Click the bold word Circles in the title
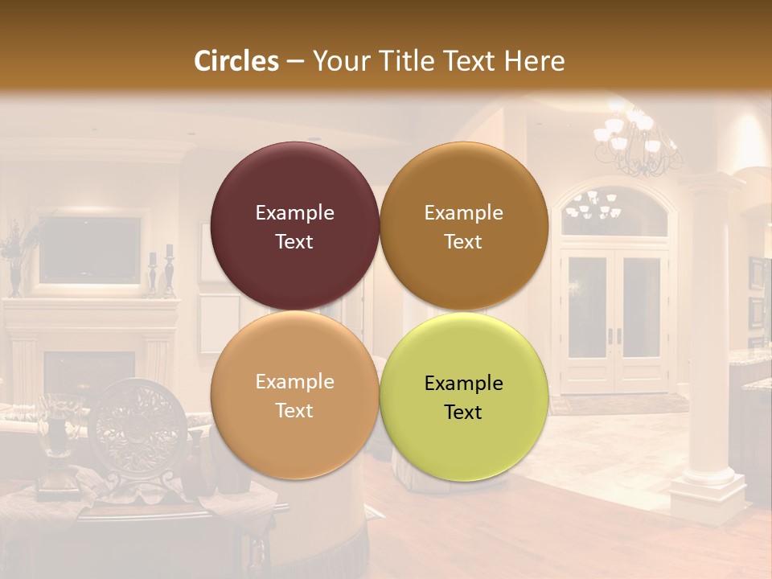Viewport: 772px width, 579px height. point(236,61)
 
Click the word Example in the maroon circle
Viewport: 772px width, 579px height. point(294,213)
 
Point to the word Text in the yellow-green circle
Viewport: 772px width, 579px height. point(463,412)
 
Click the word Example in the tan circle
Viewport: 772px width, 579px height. point(294,382)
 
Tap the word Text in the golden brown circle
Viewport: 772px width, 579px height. point(463,242)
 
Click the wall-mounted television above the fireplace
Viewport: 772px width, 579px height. point(90,249)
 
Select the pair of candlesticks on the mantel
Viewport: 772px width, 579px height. point(160,273)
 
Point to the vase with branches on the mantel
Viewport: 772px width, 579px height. point(14,257)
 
